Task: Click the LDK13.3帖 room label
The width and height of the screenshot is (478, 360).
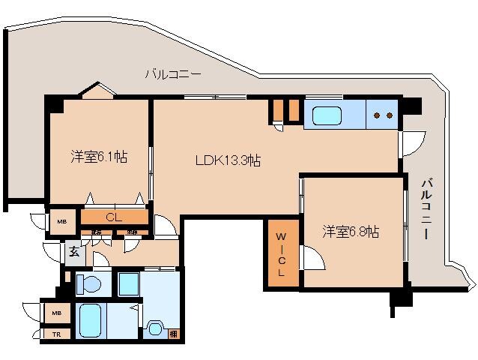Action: point(228,160)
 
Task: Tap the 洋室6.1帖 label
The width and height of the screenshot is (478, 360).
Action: point(99,157)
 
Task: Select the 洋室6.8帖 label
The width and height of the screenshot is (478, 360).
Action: point(351,232)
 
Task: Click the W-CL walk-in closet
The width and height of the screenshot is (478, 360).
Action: point(282,256)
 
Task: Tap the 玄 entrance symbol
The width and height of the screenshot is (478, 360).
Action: point(74,252)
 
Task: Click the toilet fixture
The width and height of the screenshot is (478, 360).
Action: point(89,284)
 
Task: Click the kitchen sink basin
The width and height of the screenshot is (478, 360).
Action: point(327,115)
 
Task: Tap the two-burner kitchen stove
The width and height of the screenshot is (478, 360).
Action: point(383,115)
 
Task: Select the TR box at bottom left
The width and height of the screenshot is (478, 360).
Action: point(56,334)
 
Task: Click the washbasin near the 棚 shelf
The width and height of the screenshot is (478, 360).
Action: point(155,328)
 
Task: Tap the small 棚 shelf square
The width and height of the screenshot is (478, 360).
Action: point(173,334)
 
